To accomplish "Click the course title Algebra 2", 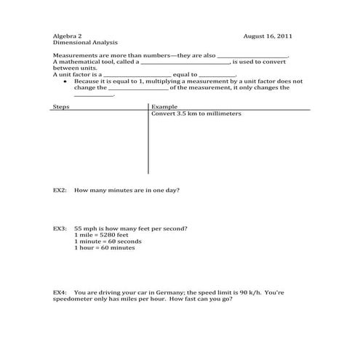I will [68, 36].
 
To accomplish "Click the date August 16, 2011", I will [268, 36].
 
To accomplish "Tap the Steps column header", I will [61, 106].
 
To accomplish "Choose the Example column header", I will [164, 106].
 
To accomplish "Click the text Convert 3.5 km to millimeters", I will [196, 113].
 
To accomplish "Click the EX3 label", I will [60, 228].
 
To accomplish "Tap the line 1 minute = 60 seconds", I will [108, 241].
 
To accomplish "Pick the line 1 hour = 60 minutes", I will [105, 247].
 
